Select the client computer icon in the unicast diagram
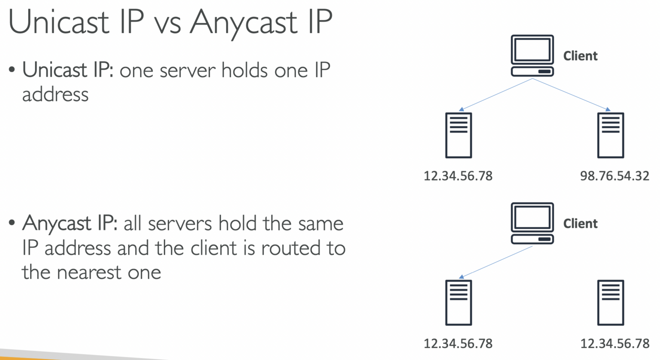click(x=532, y=56)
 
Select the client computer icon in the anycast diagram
click(x=532, y=224)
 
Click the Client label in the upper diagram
click(x=580, y=56)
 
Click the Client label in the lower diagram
click(x=580, y=224)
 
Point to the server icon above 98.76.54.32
click(x=611, y=135)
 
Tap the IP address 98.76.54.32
click(x=614, y=176)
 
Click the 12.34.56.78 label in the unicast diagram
click(x=458, y=176)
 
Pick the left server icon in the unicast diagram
click(x=459, y=135)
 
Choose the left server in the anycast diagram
click(x=459, y=303)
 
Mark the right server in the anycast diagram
click(x=611, y=303)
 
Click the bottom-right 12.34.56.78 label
click(x=614, y=343)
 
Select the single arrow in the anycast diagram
click(x=496, y=262)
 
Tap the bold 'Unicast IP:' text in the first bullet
click(x=68, y=71)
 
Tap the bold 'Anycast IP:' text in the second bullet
click(x=69, y=224)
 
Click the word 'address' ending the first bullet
click(x=55, y=94)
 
